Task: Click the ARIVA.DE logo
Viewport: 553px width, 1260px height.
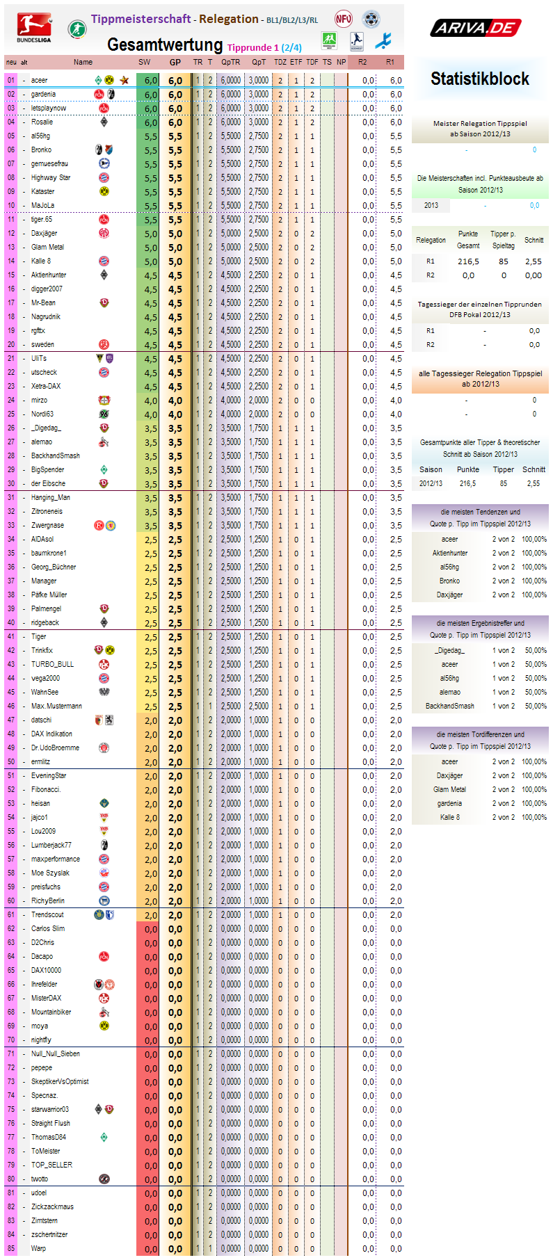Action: [476, 28]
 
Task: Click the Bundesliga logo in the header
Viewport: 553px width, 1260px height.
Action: [34, 28]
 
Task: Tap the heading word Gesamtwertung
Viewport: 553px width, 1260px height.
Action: [165, 45]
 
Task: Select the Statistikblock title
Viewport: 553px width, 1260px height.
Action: [480, 79]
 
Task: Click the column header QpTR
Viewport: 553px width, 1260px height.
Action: [231, 62]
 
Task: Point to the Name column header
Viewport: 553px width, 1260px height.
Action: [83, 62]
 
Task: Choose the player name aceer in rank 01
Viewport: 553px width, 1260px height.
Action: [40, 80]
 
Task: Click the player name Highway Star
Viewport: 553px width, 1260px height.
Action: [51, 177]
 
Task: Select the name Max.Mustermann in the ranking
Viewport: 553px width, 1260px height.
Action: [56, 706]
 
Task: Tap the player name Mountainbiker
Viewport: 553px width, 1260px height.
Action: [51, 1012]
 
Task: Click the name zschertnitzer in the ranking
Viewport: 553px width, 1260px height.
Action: [49, 1234]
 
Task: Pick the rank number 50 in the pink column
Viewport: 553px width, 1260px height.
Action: [11, 761]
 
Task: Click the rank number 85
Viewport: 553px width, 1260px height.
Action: [11, 1248]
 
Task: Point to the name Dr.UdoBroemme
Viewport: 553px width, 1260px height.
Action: [55, 748]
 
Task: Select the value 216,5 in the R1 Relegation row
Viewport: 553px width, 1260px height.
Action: [468, 261]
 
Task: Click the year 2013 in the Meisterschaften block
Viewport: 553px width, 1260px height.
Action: [431, 205]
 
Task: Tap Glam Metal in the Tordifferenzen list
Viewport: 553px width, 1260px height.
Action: [450, 789]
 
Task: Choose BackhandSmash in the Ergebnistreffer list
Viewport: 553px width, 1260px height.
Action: [450, 706]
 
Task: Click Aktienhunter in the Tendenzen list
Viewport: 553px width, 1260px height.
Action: [450, 553]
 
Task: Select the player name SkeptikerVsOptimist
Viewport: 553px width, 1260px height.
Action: [60, 1081]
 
